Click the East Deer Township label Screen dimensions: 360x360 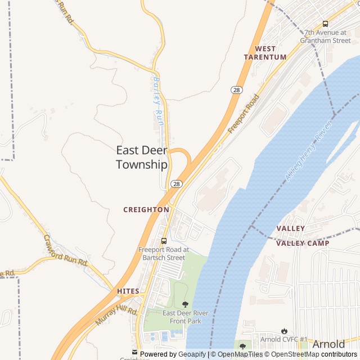tap(142, 157)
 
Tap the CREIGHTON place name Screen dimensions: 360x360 tap(146, 209)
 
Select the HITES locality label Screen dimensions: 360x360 tap(128, 291)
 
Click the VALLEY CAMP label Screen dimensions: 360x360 tap(303, 243)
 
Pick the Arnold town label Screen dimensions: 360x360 tap(328, 344)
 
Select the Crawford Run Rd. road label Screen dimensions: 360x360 tap(66, 250)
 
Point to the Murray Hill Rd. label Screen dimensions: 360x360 tap(116, 318)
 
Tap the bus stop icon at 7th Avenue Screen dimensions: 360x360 tap(325, 24)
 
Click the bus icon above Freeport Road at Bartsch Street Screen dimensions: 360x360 tap(164, 241)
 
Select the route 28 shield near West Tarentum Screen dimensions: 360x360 tap(236, 89)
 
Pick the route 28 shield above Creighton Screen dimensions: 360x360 tap(177, 184)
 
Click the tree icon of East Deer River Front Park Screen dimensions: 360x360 tap(185, 304)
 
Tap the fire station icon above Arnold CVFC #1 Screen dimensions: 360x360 tap(284, 331)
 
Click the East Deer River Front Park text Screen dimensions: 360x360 tap(185, 317)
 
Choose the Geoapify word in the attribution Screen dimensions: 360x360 tap(192, 354)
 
